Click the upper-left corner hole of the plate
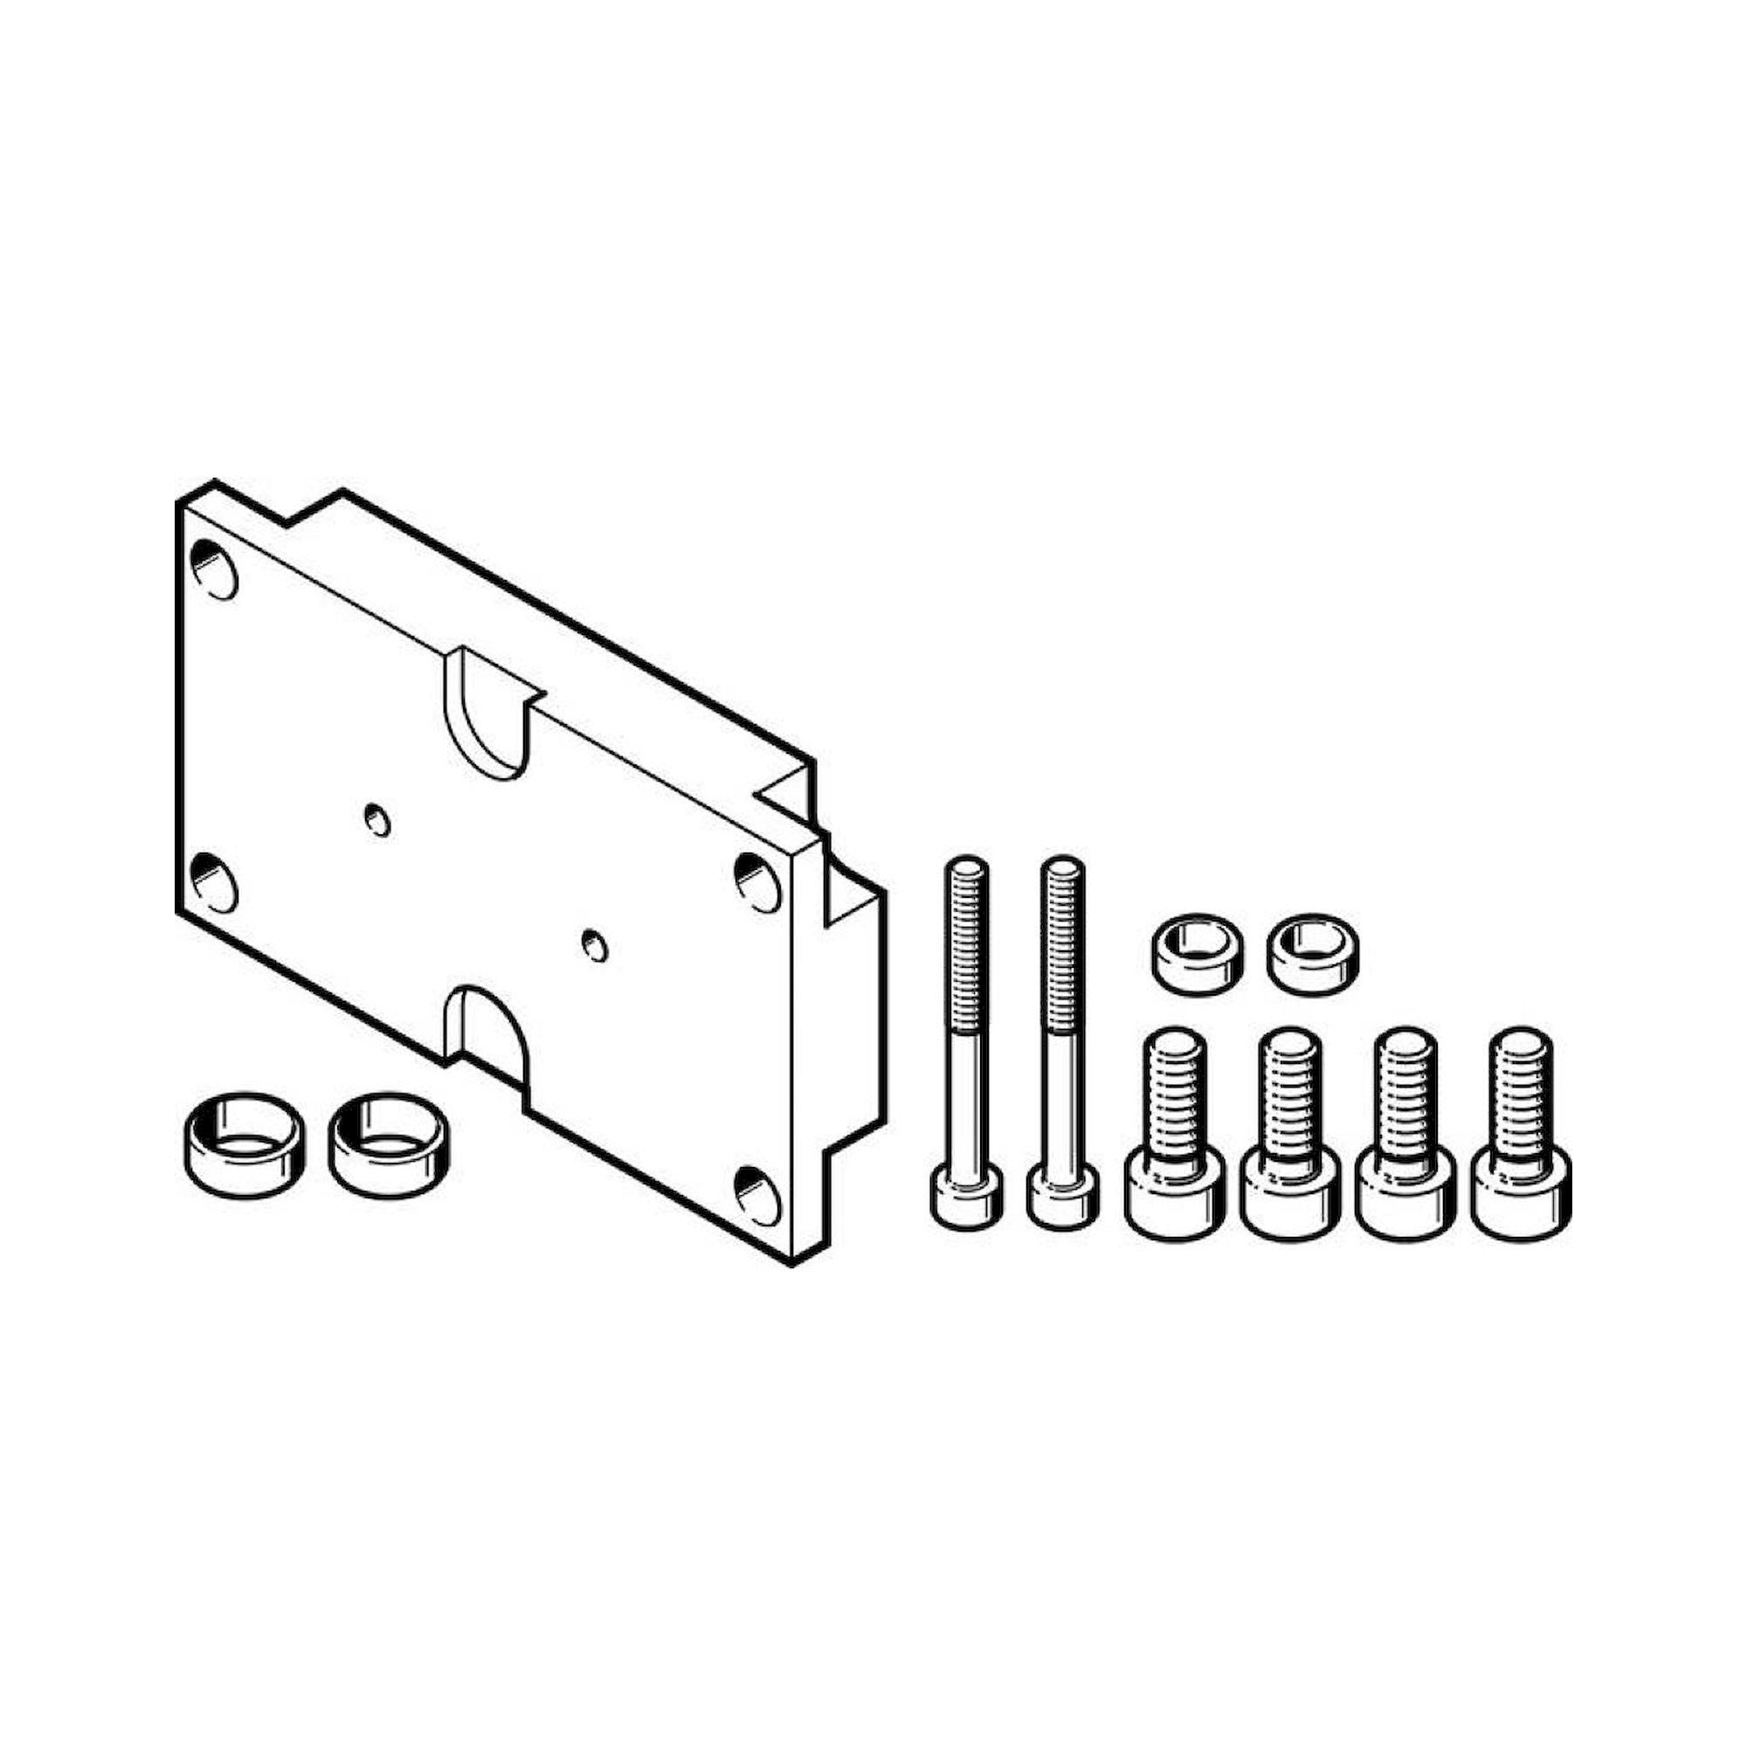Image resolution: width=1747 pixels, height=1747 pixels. (215, 570)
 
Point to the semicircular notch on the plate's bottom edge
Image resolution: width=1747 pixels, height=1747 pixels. (488, 1031)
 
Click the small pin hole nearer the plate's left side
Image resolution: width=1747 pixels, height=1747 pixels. (377, 819)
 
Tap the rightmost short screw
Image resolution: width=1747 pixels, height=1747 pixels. (1522, 1139)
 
